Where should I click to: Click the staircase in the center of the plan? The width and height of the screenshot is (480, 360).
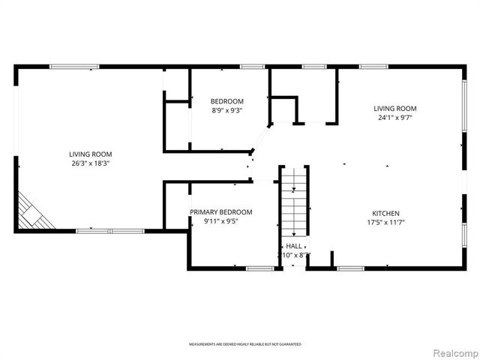coord(294,200)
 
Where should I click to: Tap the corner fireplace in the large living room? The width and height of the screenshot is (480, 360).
coord(35,212)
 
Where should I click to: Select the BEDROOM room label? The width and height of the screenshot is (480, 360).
coord(226,101)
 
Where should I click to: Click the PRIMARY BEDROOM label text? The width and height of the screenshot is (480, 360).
coord(220,212)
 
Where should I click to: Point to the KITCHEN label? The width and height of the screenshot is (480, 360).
coord(383,213)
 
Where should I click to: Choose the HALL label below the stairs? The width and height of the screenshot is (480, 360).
coord(293,246)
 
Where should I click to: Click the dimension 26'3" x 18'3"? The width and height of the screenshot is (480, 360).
coord(91,163)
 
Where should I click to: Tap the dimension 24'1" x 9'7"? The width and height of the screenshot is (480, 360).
coord(395,118)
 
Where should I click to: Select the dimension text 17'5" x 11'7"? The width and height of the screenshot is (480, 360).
coord(383,223)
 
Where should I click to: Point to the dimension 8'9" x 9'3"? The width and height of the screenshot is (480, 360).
coord(226,111)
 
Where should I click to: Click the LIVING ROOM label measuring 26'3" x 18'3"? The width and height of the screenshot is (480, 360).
coord(91,153)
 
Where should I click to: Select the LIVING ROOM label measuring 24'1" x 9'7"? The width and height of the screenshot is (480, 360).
coord(395,108)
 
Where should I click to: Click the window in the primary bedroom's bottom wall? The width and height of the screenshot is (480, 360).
coord(260,268)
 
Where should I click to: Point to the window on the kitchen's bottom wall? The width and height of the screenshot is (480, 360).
coord(349,268)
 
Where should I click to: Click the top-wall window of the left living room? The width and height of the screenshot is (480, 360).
coord(70,67)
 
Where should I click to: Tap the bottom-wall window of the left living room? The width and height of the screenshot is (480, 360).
coord(109,230)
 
